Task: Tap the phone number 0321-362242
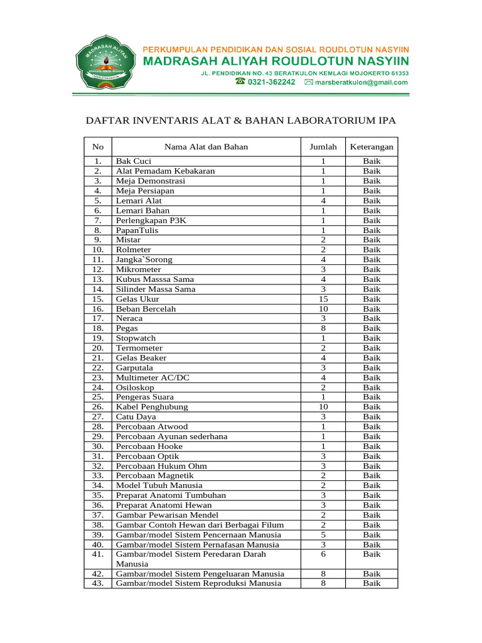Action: (x=272, y=82)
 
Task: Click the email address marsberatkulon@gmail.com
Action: (x=361, y=82)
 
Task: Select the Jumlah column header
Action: (x=323, y=147)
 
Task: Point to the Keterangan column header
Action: (x=372, y=147)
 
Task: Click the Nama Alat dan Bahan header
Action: (x=206, y=147)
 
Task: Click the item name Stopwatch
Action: (x=136, y=338)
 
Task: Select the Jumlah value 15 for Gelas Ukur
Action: (x=323, y=299)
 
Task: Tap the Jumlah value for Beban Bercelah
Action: (x=323, y=309)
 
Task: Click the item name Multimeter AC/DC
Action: (x=153, y=377)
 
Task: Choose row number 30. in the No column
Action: (x=97, y=446)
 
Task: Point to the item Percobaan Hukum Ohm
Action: (x=161, y=466)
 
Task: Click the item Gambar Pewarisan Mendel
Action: (x=168, y=515)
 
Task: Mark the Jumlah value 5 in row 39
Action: (x=323, y=534)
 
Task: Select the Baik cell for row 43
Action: (x=372, y=583)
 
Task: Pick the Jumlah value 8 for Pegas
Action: (x=323, y=328)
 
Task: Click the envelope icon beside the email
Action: (x=308, y=82)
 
